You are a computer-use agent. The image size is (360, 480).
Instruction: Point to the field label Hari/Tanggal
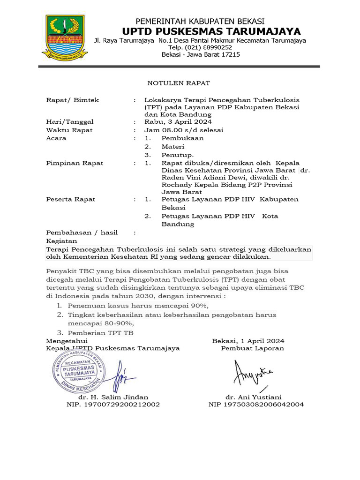(69, 122)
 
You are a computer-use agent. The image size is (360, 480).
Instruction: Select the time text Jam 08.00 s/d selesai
(184, 130)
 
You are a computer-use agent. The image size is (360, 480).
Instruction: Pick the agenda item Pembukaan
(182, 138)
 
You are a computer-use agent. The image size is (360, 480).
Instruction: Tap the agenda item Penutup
(178, 155)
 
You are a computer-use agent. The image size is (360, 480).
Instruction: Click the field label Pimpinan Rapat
(75, 163)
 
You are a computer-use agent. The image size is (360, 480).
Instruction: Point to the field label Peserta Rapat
(70, 199)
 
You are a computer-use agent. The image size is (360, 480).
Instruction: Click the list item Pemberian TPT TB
(100, 332)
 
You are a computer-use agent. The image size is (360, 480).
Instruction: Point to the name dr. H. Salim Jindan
(113, 397)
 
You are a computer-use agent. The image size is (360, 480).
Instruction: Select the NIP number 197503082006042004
(256, 404)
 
